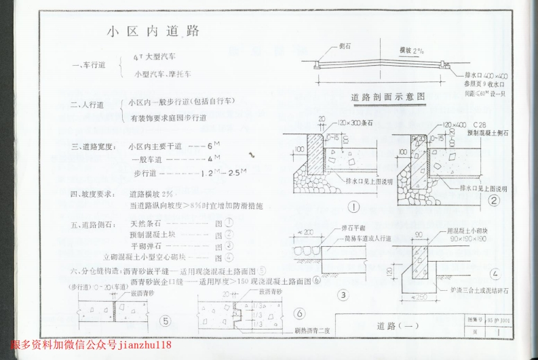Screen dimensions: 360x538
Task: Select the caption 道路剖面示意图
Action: point(388,97)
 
